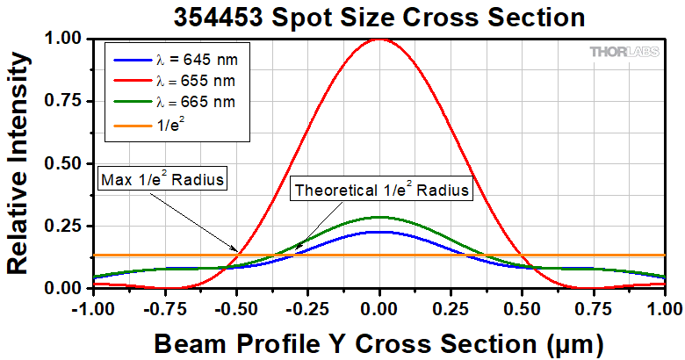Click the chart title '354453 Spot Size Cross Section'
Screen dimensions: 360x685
[x=378, y=16]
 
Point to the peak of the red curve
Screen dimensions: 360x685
[x=379, y=39]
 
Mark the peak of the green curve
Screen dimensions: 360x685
[x=379, y=217]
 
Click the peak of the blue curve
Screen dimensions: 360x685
[x=379, y=232]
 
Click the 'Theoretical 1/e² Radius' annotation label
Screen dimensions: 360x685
[x=383, y=189]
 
